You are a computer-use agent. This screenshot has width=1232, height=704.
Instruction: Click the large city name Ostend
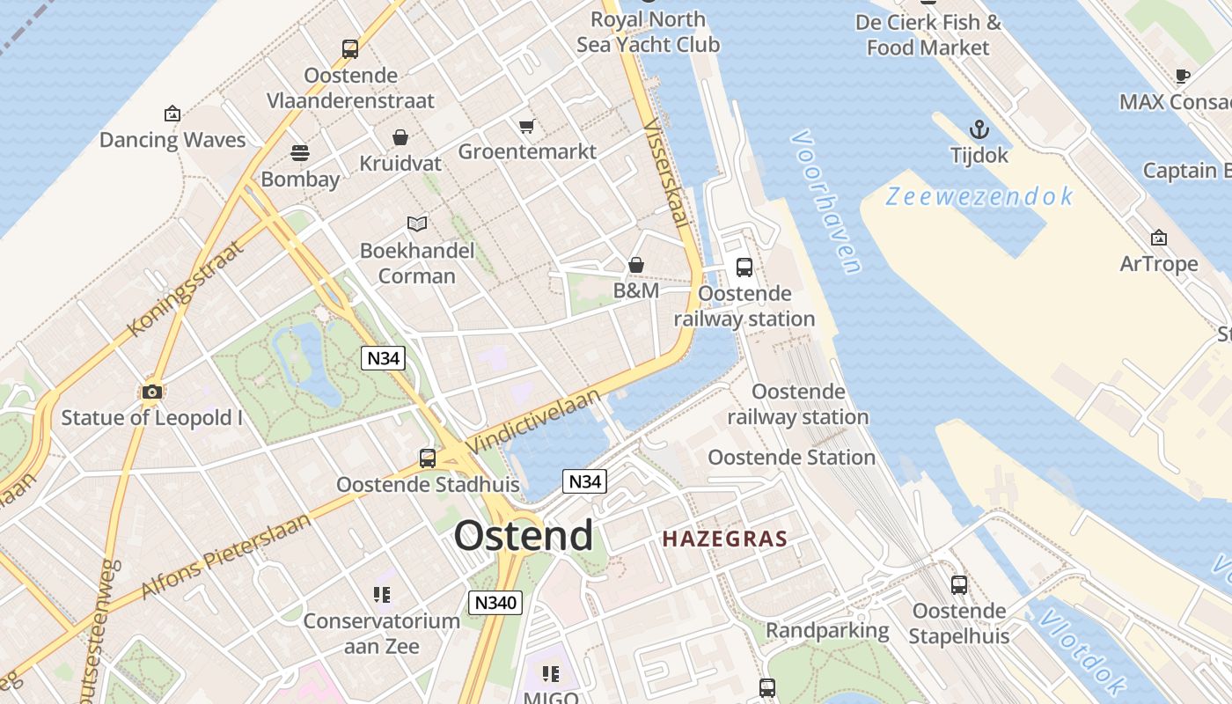coord(524,536)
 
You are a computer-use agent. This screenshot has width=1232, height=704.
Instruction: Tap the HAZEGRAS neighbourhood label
coord(724,539)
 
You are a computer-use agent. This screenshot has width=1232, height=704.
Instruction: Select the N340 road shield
coord(495,603)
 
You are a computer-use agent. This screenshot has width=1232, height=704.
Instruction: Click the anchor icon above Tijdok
coord(979,130)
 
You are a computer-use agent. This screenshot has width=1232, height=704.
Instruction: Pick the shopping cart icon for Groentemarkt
coord(526,126)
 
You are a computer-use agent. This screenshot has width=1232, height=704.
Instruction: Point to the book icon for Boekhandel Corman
coord(417,224)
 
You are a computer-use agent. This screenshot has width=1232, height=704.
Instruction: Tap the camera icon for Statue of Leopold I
coord(151,392)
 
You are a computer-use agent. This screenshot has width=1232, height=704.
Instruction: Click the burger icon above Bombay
coord(300,153)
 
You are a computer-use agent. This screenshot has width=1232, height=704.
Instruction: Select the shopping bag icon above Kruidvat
coord(400,137)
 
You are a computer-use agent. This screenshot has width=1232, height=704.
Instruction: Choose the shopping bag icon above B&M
coord(635,265)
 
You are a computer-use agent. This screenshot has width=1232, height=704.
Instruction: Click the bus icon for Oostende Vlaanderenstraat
coord(350,49)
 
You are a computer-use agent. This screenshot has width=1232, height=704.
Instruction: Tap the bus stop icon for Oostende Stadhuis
coord(428,458)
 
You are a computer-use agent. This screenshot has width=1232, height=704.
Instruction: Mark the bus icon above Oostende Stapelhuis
coord(959,584)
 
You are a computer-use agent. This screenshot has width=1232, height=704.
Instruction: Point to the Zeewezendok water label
coord(979,196)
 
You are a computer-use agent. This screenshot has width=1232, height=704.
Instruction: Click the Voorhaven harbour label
coord(825,202)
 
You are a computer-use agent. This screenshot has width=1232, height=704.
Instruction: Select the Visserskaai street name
coord(667,172)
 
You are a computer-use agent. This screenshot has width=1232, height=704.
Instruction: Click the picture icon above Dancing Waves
coord(172,114)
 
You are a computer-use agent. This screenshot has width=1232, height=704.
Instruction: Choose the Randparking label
coord(827,630)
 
